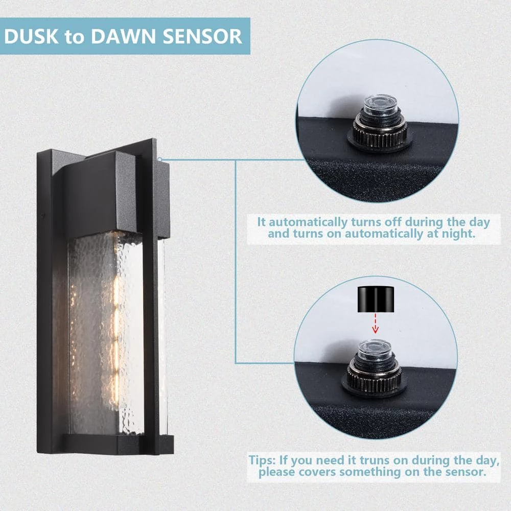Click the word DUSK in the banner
coord(32,36)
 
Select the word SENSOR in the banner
coord(202,36)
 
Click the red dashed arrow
coord(375,323)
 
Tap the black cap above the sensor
coord(376,299)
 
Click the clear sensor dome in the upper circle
coord(380,105)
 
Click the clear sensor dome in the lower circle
coord(375,350)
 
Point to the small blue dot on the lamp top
coord(159,159)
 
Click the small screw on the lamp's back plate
coord(43,216)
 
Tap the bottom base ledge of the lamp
coord(118,444)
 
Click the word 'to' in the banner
coord(75,37)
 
